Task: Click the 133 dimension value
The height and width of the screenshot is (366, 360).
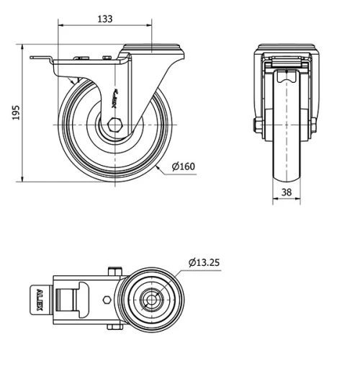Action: click(x=105, y=19)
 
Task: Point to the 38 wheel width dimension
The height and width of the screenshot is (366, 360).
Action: click(x=287, y=192)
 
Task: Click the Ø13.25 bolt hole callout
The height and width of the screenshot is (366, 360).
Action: click(x=204, y=262)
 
